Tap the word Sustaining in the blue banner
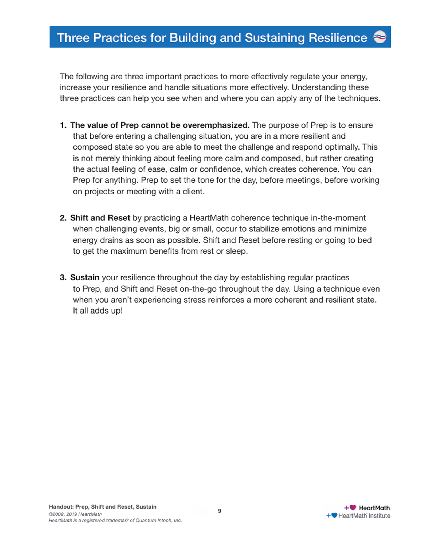(275, 38)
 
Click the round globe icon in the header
(380, 37)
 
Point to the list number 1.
(63, 125)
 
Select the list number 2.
(63, 218)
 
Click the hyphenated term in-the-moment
(338, 218)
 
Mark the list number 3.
(63, 278)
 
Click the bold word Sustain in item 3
(85, 278)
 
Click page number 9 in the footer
(220, 511)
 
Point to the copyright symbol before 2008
(50, 514)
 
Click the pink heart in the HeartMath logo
(353, 507)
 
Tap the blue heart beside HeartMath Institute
(334, 515)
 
